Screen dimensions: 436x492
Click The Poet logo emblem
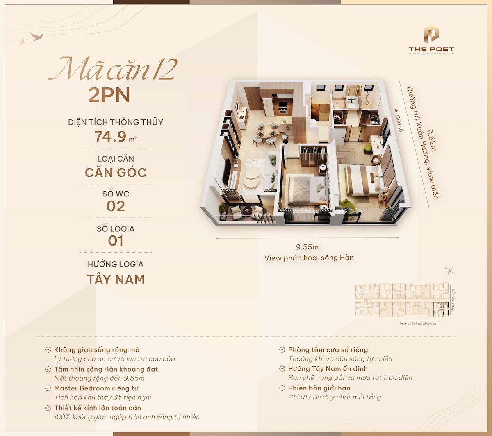(x=431, y=35)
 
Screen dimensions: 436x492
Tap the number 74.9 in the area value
(x=111, y=136)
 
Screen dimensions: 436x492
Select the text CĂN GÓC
(x=116, y=172)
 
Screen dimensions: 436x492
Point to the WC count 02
(x=116, y=206)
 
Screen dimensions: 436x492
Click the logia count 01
(x=116, y=241)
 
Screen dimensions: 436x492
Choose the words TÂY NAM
(x=116, y=279)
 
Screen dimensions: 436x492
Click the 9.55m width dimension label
(x=307, y=247)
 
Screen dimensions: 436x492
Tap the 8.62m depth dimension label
(x=432, y=141)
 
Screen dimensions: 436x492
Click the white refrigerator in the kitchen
(x=267, y=107)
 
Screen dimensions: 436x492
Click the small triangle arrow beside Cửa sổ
(x=396, y=111)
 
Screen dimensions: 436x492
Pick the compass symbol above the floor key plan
(x=450, y=271)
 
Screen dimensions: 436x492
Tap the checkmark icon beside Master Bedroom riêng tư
(x=48, y=388)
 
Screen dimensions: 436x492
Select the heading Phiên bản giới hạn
(x=319, y=388)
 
